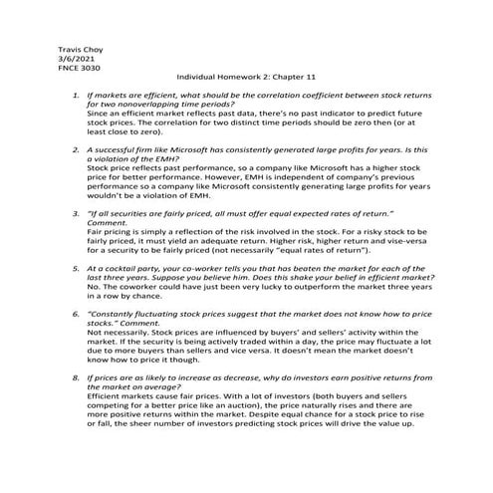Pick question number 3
pos(77,212)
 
